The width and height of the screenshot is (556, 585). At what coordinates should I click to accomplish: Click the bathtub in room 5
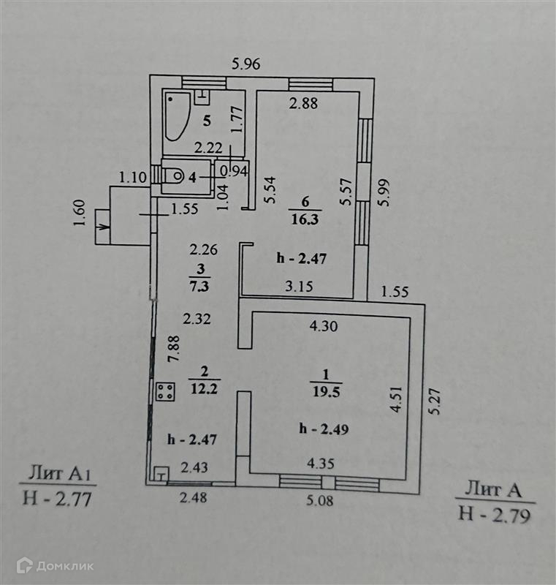point(176,116)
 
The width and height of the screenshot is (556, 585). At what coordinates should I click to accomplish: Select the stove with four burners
point(165,390)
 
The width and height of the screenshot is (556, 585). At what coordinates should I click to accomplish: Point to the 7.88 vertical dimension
point(173,352)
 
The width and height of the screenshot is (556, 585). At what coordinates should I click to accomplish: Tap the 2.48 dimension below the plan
point(194,500)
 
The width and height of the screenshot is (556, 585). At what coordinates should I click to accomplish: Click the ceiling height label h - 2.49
point(323,429)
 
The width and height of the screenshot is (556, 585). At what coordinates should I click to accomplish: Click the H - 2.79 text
point(494,513)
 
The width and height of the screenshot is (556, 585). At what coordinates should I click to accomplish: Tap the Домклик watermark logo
point(55,565)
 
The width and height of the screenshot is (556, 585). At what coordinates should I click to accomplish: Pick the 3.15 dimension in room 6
point(298,286)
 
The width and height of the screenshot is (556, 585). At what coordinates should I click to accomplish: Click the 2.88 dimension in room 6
point(303,103)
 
